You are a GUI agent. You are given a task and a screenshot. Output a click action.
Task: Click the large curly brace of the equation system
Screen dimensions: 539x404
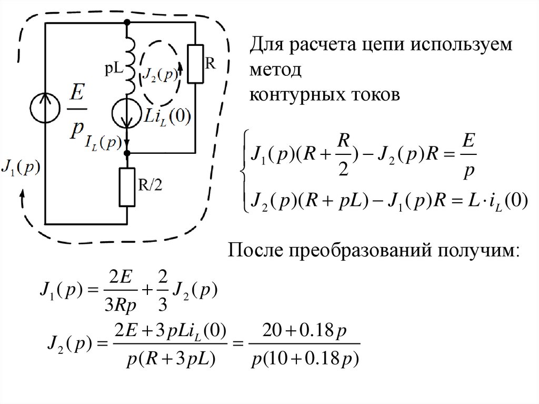tap(243, 171)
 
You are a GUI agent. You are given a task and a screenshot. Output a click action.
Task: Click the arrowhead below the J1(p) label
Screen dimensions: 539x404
tap(22, 195)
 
